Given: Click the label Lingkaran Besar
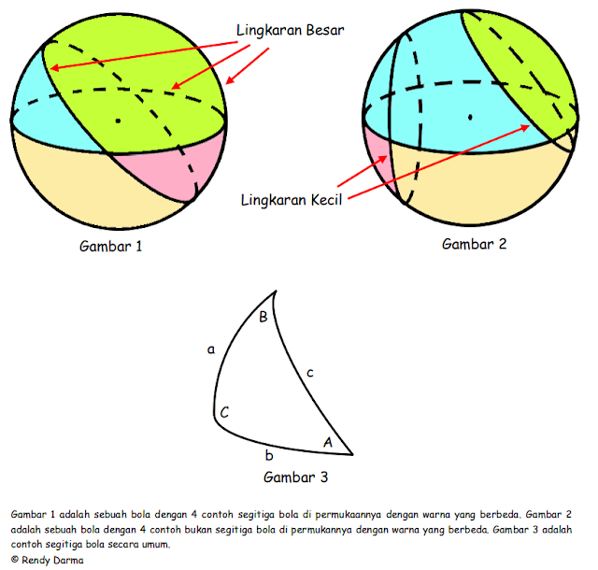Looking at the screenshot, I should pyautogui.click(x=290, y=30).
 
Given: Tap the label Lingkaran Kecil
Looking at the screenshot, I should pyautogui.click(x=290, y=198).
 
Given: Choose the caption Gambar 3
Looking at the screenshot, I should pyautogui.click(x=295, y=477).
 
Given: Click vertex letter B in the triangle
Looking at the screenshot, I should pyautogui.click(x=263, y=318).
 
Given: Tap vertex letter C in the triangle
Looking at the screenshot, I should pyautogui.click(x=225, y=411).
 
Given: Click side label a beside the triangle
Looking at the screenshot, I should pyautogui.click(x=211, y=349).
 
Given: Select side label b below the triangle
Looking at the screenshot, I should pyautogui.click(x=269, y=456).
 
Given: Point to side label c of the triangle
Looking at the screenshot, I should pyautogui.click(x=309, y=374).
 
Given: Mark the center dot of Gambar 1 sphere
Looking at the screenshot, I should pyautogui.click(x=118, y=121).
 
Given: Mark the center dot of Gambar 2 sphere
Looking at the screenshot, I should pyautogui.click(x=470, y=117).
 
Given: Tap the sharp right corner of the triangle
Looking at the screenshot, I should pyautogui.click(x=352, y=454).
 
